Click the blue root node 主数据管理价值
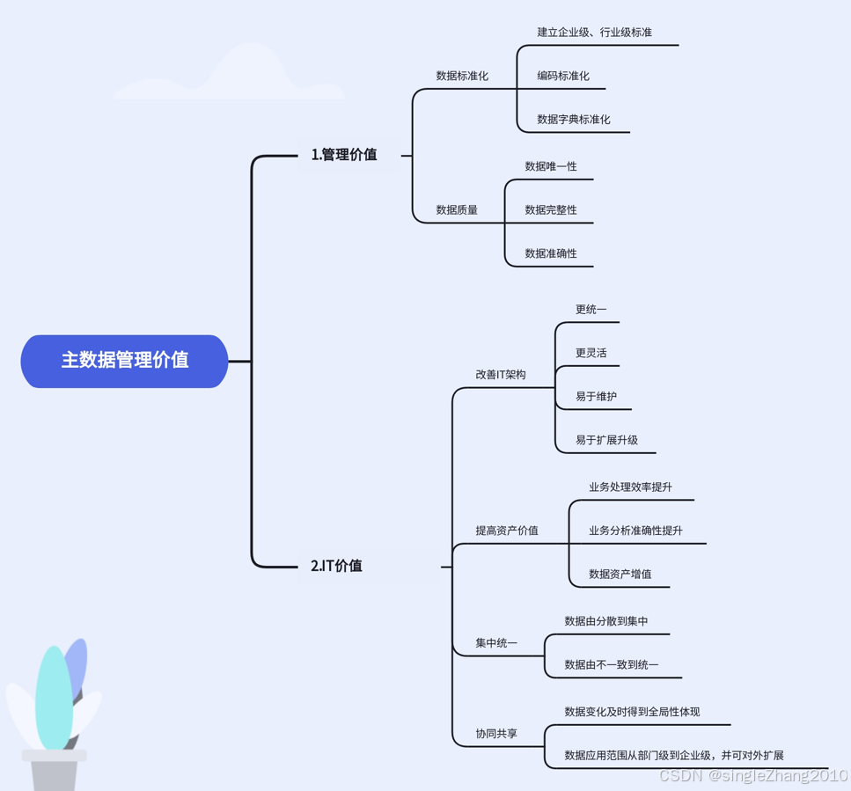click(124, 361)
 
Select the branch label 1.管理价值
click(344, 155)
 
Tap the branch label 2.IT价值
click(336, 566)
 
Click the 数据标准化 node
click(462, 77)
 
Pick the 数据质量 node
click(457, 210)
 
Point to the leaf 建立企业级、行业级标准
click(594, 33)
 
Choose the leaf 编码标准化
click(563, 77)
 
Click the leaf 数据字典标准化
click(573, 120)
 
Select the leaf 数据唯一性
click(551, 166)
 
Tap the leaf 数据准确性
click(551, 253)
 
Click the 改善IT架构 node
click(501, 375)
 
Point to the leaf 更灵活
click(591, 353)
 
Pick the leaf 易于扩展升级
click(606, 440)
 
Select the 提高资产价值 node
click(507, 531)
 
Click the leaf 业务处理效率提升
click(630, 487)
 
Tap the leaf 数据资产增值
click(620, 575)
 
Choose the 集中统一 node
click(496, 643)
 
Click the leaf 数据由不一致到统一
click(611, 665)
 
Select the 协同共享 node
click(496, 734)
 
